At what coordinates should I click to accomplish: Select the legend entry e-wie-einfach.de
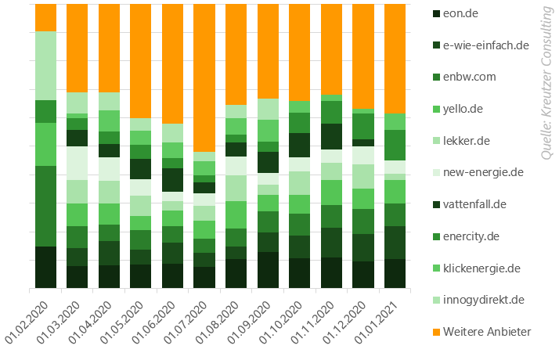[486, 45]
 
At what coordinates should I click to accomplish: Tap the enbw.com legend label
[469, 77]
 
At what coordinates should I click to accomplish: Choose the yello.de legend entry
[463, 109]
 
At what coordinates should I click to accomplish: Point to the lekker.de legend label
[467, 141]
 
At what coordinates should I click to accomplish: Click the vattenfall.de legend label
[474, 204]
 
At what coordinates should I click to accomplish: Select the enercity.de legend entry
[471, 236]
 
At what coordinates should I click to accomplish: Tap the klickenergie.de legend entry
[481, 268]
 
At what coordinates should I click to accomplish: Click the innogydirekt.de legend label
[483, 300]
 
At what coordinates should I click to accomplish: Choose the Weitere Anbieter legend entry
[486, 332]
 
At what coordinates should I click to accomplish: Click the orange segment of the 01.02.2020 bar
[45, 17]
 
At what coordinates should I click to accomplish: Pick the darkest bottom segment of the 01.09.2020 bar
[268, 270]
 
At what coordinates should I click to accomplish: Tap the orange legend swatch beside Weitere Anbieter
[436, 332]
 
